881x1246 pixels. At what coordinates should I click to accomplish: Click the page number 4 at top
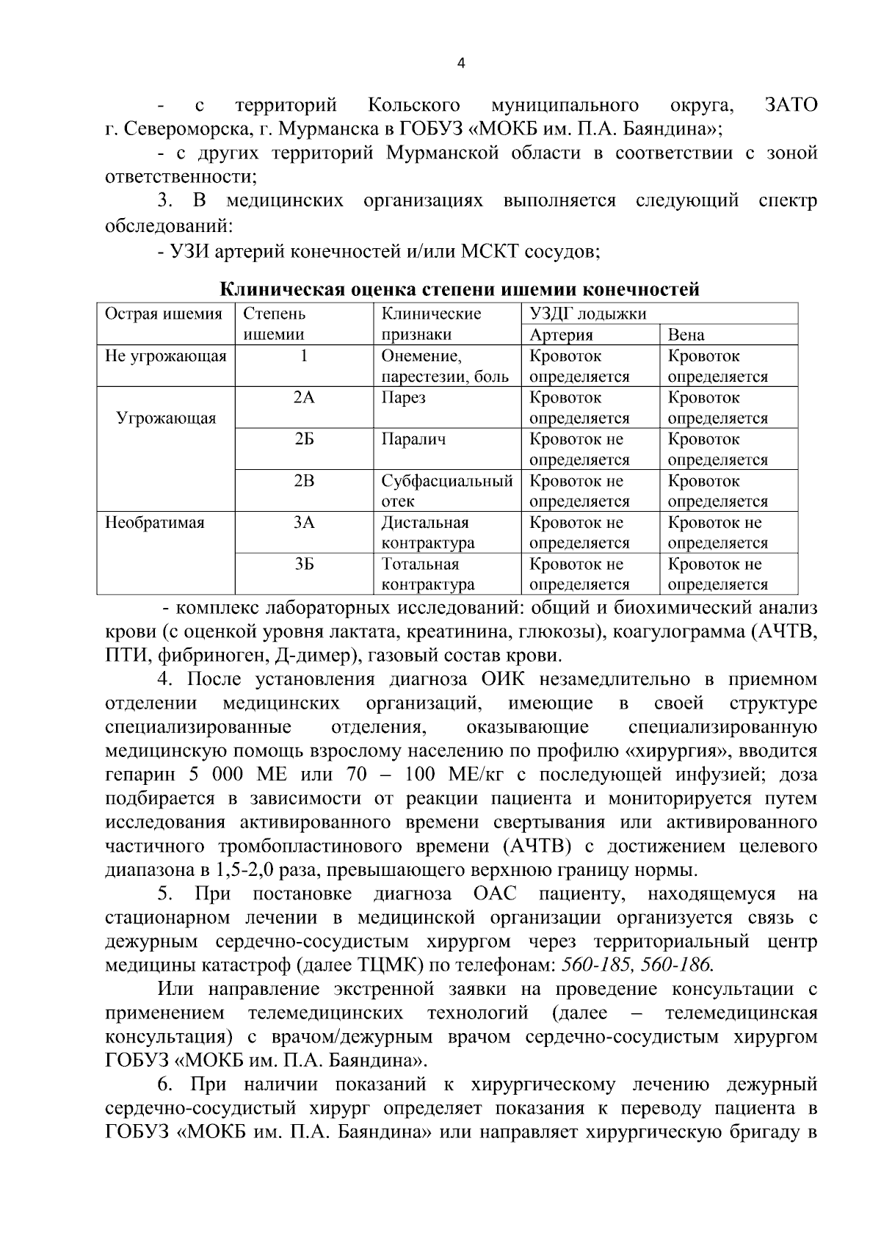point(460,63)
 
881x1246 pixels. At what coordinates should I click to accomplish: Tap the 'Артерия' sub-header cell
point(561,335)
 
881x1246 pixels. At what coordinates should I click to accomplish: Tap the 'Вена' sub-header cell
point(686,335)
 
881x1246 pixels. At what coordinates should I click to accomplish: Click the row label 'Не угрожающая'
point(166,356)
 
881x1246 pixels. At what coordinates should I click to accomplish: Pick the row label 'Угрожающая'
point(166,419)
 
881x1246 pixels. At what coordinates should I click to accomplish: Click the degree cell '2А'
point(304,398)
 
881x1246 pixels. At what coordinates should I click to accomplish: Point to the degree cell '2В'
point(304,482)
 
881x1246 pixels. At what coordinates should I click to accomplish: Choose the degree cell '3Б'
point(304,565)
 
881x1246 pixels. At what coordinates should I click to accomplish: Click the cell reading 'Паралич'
point(413,440)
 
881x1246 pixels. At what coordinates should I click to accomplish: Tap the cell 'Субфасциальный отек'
point(446,491)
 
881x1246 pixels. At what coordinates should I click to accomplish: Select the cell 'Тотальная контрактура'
point(427,574)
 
